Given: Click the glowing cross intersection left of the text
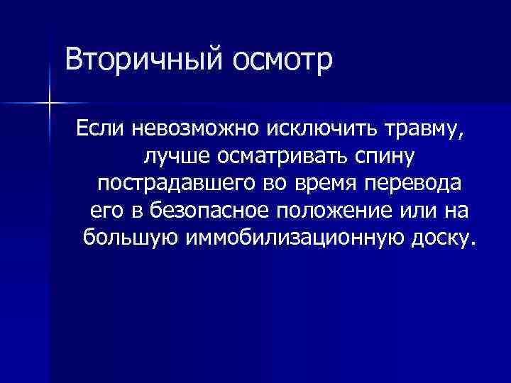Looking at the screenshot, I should pos(50,104).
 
